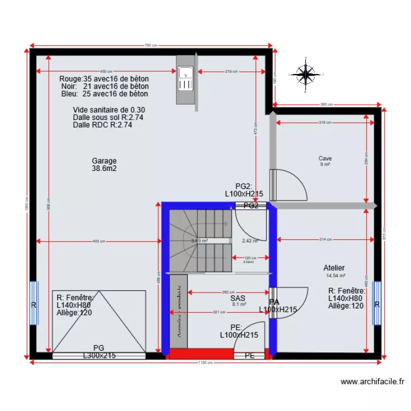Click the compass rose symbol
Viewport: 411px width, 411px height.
(x=306, y=74)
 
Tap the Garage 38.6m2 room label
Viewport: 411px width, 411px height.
(x=104, y=165)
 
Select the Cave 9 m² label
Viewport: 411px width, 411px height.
(x=325, y=161)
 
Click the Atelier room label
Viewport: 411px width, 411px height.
(x=334, y=268)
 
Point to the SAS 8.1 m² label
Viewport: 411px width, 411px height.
(x=237, y=301)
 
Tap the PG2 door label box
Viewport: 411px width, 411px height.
(x=250, y=206)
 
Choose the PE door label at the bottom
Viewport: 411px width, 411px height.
(x=250, y=356)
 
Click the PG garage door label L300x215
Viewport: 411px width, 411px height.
(x=99, y=356)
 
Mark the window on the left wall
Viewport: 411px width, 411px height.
(x=34, y=304)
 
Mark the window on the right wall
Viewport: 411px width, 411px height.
(x=377, y=304)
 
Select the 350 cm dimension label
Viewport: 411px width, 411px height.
(x=327, y=105)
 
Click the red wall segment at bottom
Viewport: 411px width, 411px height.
(x=201, y=354)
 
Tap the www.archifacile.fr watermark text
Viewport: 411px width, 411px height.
(x=372, y=381)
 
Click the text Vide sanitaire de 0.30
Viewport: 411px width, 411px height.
(x=109, y=110)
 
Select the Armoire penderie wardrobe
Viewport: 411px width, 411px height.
(x=179, y=311)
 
